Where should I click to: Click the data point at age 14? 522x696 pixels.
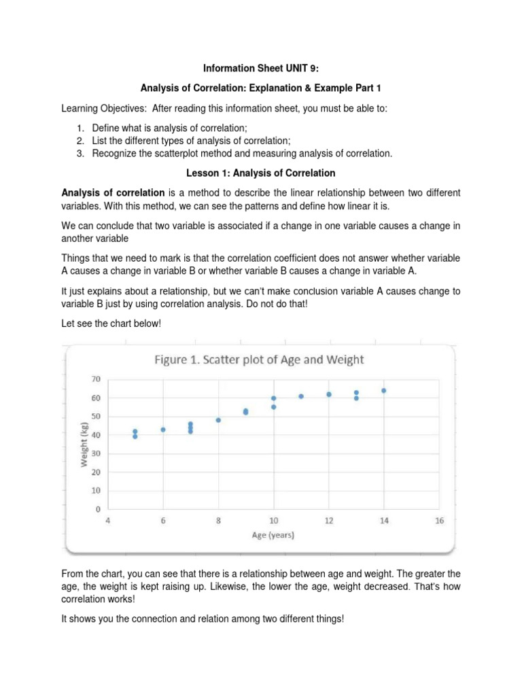tap(383, 391)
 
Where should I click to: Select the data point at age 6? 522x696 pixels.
tap(163, 430)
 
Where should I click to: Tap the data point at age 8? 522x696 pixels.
tap(218, 420)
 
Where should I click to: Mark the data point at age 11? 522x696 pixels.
tap(301, 396)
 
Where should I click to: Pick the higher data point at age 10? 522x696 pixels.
tap(273, 398)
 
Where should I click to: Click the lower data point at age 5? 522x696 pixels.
tap(135, 436)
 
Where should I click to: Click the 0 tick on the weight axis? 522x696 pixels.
tap(98, 509)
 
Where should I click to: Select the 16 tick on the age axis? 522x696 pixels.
tap(439, 521)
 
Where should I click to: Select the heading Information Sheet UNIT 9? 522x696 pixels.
tap(261, 69)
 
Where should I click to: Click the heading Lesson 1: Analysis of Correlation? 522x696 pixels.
tap(261, 173)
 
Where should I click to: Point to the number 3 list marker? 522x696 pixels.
tap(80, 154)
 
